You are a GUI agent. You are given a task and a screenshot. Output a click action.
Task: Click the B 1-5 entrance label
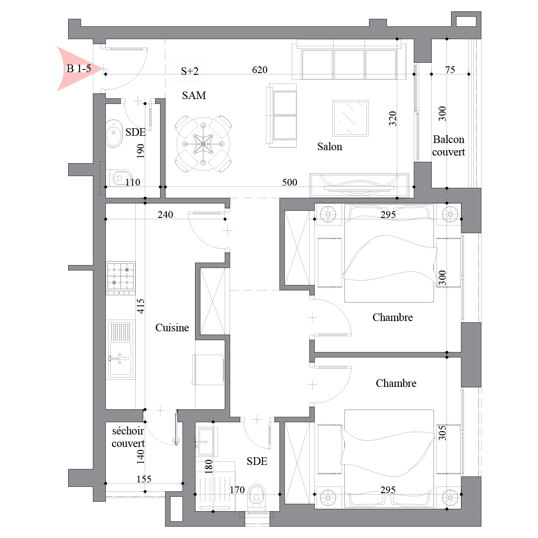click(x=78, y=69)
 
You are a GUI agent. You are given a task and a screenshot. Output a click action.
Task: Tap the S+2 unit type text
click(x=190, y=71)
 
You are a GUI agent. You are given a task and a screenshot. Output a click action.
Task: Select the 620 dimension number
click(x=260, y=70)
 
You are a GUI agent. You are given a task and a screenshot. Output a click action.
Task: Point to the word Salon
click(x=330, y=147)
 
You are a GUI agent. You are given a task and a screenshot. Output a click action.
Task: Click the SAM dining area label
click(x=194, y=95)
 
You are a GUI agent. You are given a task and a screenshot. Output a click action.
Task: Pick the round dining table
click(x=203, y=144)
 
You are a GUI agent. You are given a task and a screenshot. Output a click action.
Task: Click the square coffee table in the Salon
click(x=350, y=118)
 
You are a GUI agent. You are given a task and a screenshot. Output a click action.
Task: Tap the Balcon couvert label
click(x=448, y=146)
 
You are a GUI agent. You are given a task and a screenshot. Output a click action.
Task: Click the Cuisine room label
click(x=172, y=327)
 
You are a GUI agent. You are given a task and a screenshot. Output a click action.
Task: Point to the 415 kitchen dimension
click(x=141, y=306)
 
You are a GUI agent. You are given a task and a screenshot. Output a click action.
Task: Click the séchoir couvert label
click(x=128, y=437)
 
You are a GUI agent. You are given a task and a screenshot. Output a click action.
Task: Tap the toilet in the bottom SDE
click(x=256, y=497)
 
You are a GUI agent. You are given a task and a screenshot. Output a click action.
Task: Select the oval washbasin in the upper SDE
click(x=113, y=133)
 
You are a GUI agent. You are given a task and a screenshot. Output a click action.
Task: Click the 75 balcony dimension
click(x=450, y=70)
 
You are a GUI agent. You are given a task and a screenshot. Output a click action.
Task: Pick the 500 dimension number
click(x=290, y=182)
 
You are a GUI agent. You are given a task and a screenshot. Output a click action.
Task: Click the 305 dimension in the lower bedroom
click(x=442, y=433)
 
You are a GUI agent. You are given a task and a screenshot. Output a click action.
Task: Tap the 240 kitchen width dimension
click(x=165, y=215)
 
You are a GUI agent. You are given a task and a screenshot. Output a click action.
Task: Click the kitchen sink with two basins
click(x=121, y=350)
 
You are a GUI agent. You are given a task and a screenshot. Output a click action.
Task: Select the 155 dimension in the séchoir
click(x=144, y=479)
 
